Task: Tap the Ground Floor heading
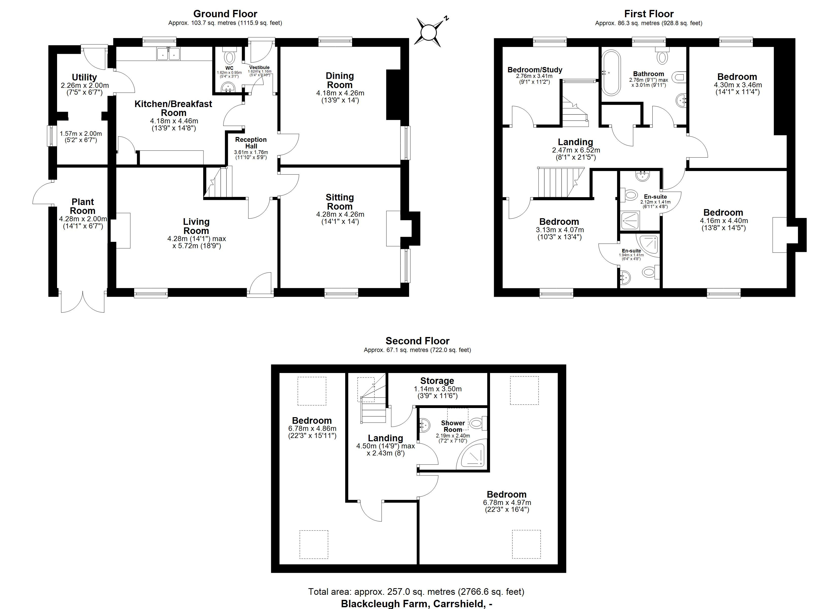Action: click(225, 14)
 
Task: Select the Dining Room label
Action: click(340, 80)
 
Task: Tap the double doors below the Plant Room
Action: click(83, 302)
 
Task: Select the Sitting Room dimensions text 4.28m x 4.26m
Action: click(340, 214)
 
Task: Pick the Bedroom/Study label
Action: click(535, 70)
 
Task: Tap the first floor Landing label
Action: click(575, 142)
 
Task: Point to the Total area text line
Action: click(416, 592)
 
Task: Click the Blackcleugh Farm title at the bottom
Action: click(416, 603)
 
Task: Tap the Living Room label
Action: click(196, 226)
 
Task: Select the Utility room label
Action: click(84, 77)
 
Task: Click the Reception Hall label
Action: click(251, 143)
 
